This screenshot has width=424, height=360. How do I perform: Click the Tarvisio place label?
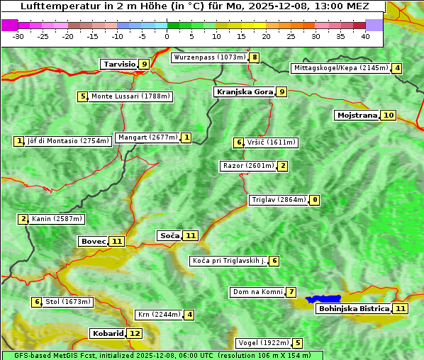coord(119,64)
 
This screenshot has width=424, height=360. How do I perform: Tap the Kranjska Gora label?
coord(244,91)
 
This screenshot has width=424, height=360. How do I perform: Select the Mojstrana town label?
coord(357,115)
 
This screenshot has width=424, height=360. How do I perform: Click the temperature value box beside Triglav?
coord(315,200)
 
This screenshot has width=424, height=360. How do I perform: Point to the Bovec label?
coord(93,241)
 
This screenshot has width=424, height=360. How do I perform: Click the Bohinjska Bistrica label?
coord(354,308)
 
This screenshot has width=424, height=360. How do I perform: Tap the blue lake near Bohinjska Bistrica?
coord(323,299)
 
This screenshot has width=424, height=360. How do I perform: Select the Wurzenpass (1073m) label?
coord(209,57)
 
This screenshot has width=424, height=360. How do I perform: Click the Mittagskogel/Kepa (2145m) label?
coord(340,68)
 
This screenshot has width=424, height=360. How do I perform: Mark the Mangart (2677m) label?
coord(147,137)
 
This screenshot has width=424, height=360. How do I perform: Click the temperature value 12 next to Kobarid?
coord(134,333)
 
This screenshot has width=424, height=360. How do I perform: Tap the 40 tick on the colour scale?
coord(365,35)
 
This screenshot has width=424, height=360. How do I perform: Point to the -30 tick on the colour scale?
coord(18,35)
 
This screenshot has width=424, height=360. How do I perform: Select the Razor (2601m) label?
coord(247,166)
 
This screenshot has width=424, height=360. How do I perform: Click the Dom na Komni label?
coord(257,292)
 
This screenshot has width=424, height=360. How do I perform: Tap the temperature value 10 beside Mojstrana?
coord(388,115)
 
